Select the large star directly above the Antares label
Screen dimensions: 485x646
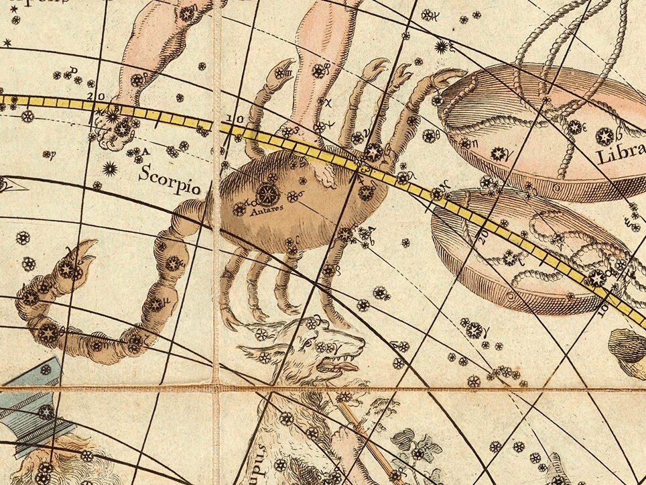(267, 195)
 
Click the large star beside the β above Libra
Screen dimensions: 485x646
(604, 136)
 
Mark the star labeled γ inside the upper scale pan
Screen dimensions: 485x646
(499, 154)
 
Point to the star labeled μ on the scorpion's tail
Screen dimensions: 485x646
(156, 303)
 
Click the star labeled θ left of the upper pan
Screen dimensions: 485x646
(428, 136)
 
